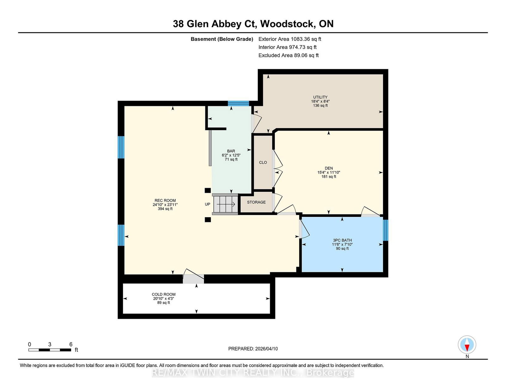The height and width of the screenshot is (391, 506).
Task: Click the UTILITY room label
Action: [x=320, y=97]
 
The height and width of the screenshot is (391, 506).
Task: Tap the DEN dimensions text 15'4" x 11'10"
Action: [x=329, y=173]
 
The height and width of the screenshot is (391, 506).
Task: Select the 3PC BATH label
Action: [x=342, y=240]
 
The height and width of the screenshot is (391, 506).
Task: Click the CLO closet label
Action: [x=263, y=162]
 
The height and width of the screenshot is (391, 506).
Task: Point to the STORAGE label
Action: [x=256, y=202]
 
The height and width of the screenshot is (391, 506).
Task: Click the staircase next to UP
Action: [x=225, y=204]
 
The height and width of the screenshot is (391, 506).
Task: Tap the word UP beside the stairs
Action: [x=207, y=204]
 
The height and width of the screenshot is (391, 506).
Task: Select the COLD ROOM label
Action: [x=164, y=294]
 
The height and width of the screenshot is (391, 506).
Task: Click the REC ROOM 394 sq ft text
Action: [x=165, y=209]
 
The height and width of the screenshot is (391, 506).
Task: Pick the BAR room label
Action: [x=231, y=151]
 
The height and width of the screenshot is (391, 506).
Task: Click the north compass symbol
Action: [x=467, y=345]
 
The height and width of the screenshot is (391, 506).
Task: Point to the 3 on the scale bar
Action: [x=50, y=345]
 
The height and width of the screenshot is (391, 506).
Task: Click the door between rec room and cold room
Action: [x=193, y=279]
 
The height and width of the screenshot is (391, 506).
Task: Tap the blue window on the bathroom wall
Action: [x=386, y=230]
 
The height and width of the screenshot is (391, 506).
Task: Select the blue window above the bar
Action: [x=238, y=103]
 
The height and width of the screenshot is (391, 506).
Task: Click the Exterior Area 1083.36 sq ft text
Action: [x=290, y=39]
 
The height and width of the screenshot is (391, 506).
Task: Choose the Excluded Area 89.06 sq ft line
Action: [x=288, y=55]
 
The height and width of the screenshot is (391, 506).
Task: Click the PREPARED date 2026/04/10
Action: [x=253, y=349]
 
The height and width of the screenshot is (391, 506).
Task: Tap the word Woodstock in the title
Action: [x=287, y=24]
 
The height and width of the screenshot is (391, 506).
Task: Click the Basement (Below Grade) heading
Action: [x=222, y=39]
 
